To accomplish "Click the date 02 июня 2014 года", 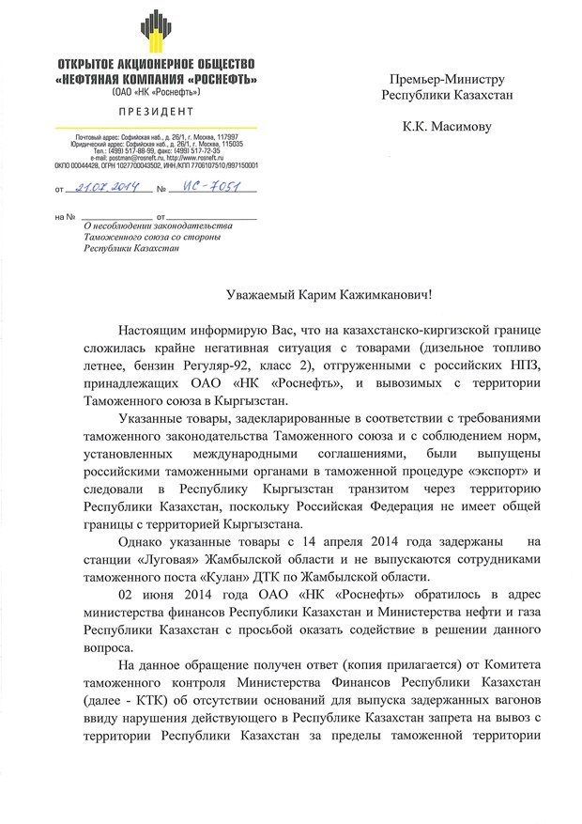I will pos(171,597).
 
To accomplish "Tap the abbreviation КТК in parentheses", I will pos(149,704).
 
